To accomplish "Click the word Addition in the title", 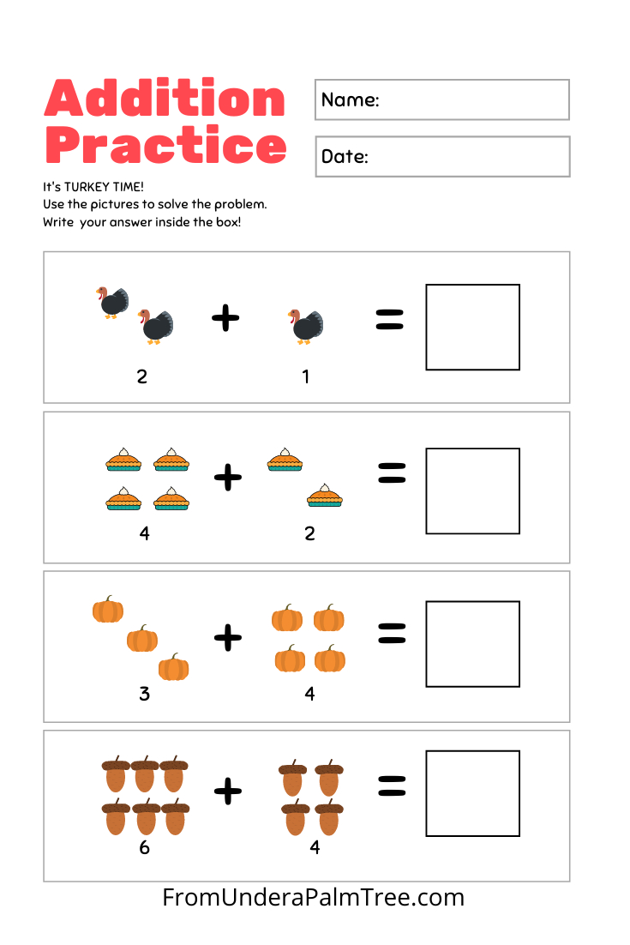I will click(x=165, y=99).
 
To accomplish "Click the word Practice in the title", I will click(x=165, y=146).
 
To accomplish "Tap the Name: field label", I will click(x=350, y=99).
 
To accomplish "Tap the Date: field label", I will click(x=345, y=157).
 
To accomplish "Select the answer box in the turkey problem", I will click(x=472, y=327).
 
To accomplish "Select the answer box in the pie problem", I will click(x=472, y=491).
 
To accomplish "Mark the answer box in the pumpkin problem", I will click(x=472, y=644).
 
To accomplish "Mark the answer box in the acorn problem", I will click(x=472, y=793).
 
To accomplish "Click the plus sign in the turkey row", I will click(x=225, y=319).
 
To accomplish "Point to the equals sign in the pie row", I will click(x=391, y=473).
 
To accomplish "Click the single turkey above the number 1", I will click(x=305, y=326).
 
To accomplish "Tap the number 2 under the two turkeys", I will click(x=142, y=376).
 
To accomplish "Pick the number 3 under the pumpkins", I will click(x=144, y=694).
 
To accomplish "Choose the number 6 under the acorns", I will click(x=144, y=847).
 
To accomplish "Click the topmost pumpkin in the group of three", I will click(x=108, y=610).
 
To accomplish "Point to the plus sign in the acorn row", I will click(x=227, y=790).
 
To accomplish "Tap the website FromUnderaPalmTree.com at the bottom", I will click(x=314, y=898).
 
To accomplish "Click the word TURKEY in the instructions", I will click(x=89, y=187).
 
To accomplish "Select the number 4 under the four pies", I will click(x=144, y=533).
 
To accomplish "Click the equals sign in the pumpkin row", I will click(x=392, y=634).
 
